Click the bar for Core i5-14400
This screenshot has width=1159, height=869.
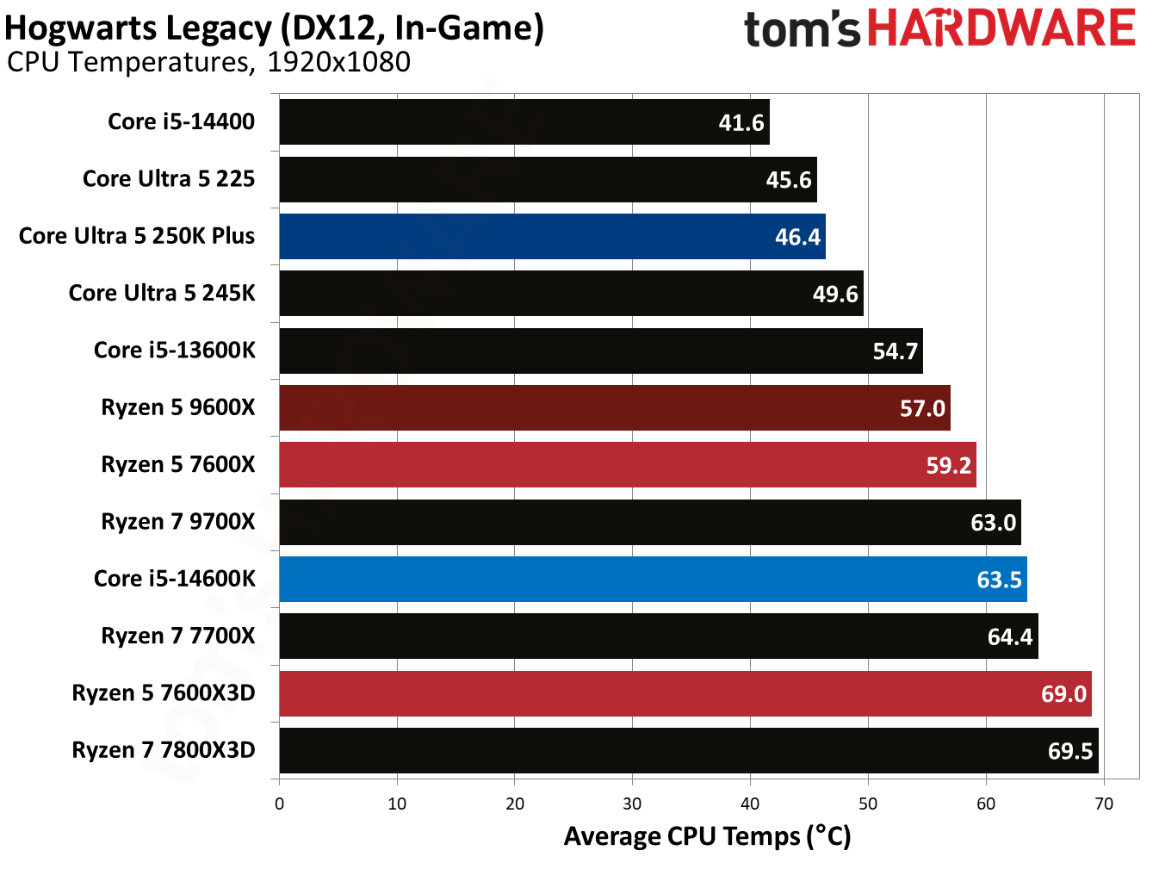524,122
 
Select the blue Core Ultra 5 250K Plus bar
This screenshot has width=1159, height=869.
551,237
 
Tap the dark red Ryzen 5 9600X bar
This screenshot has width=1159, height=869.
614,408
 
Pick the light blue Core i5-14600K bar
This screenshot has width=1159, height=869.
652,579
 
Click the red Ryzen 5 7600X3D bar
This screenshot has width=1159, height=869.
685,693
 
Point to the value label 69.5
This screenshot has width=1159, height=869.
1069,751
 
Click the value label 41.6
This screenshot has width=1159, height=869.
741,123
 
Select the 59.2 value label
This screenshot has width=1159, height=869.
948,466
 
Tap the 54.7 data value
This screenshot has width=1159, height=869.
895,351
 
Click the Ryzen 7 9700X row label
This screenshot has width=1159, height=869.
178,522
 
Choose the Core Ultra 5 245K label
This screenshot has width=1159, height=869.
162,294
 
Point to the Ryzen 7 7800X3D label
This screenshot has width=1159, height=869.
164,750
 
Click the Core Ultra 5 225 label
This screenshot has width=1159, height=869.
169,179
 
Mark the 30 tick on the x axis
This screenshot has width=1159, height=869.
632,804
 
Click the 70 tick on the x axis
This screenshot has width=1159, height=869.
1103,804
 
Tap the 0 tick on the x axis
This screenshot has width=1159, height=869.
279,804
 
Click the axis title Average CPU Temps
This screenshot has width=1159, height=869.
707,836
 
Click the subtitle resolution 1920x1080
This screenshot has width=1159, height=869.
338,62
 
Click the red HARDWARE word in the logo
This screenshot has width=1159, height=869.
1001,28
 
